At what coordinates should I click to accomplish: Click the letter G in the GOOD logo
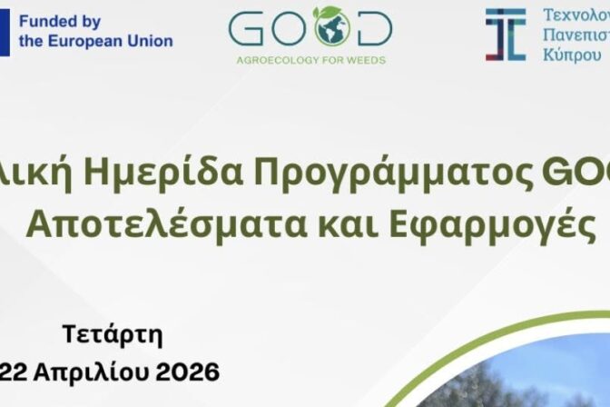(247, 29)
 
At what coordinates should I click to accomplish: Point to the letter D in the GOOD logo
(375, 29)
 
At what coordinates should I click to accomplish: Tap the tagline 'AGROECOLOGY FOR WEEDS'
(310, 61)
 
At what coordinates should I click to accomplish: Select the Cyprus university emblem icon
(505, 34)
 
